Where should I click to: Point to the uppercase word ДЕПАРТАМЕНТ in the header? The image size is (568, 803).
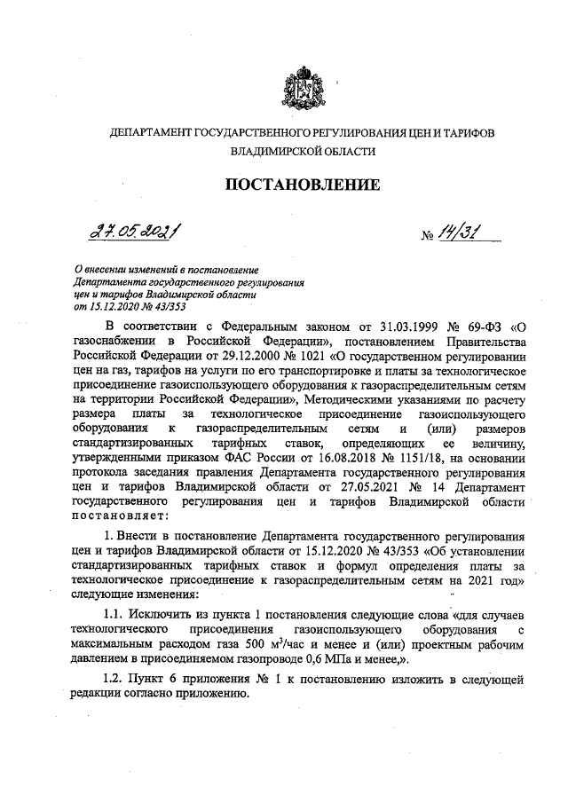(144, 132)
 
